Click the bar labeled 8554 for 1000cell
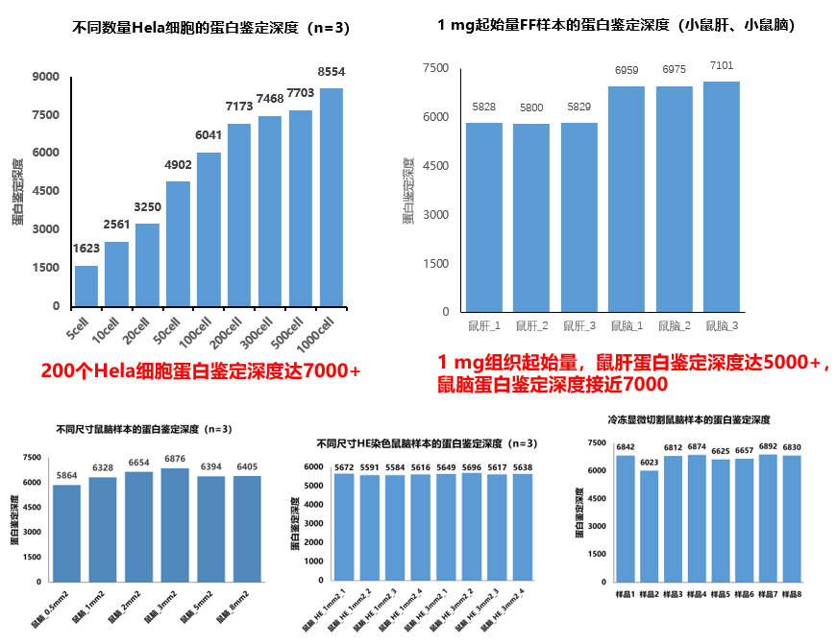tap(332, 198)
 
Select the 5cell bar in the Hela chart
tap(86, 286)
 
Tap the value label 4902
tap(178, 164)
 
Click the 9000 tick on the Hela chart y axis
tap(46, 76)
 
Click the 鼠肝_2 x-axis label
tap(531, 326)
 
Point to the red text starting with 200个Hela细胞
tap(201, 370)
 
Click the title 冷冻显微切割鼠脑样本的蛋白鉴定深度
tap(689, 420)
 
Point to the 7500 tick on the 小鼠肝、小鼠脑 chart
tap(435, 68)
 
